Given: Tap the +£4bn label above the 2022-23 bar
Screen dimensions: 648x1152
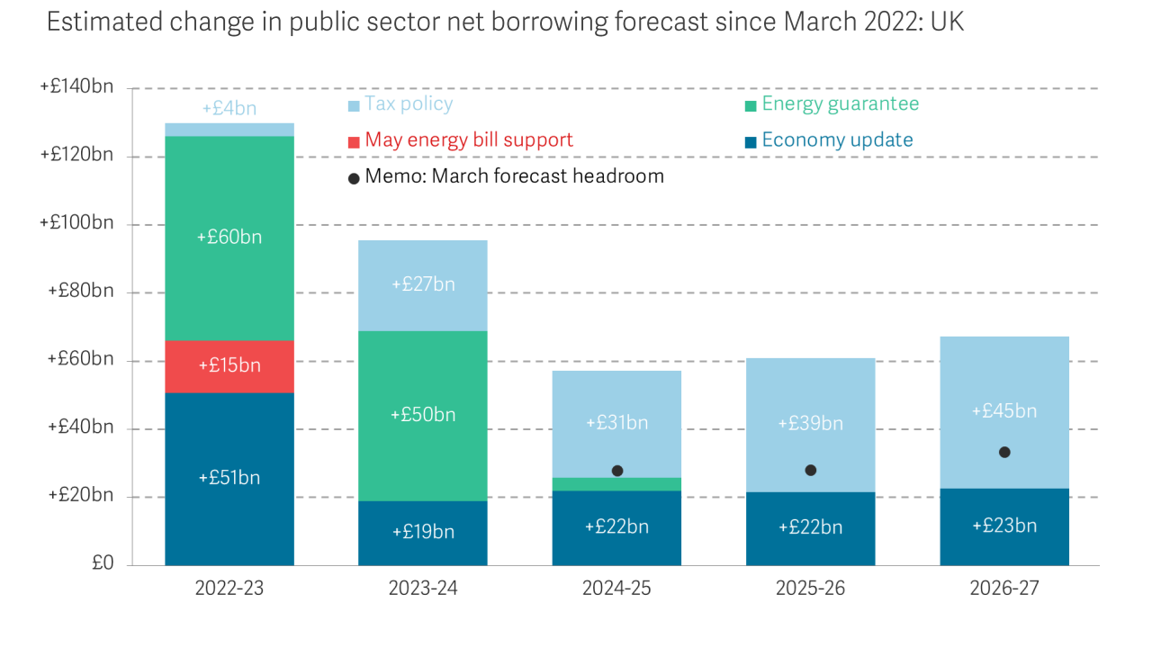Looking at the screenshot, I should pyautogui.click(x=229, y=109).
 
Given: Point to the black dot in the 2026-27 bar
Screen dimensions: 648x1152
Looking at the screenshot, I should pyautogui.click(x=1004, y=452).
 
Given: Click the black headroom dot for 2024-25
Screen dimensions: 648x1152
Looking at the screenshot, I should pyautogui.click(x=617, y=471).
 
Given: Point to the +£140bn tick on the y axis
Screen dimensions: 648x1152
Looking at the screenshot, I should pyautogui.click(x=76, y=87).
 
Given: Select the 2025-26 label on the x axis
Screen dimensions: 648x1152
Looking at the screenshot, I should pyautogui.click(x=810, y=589).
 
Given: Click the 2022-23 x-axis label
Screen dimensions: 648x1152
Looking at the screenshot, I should pyautogui.click(x=229, y=589).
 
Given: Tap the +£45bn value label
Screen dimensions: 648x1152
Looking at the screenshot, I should pyautogui.click(x=1004, y=411).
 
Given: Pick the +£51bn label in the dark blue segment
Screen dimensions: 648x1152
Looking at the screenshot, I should pyautogui.click(x=229, y=478).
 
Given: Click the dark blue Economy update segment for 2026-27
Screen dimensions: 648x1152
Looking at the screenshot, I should pyautogui.click(x=1004, y=540).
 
